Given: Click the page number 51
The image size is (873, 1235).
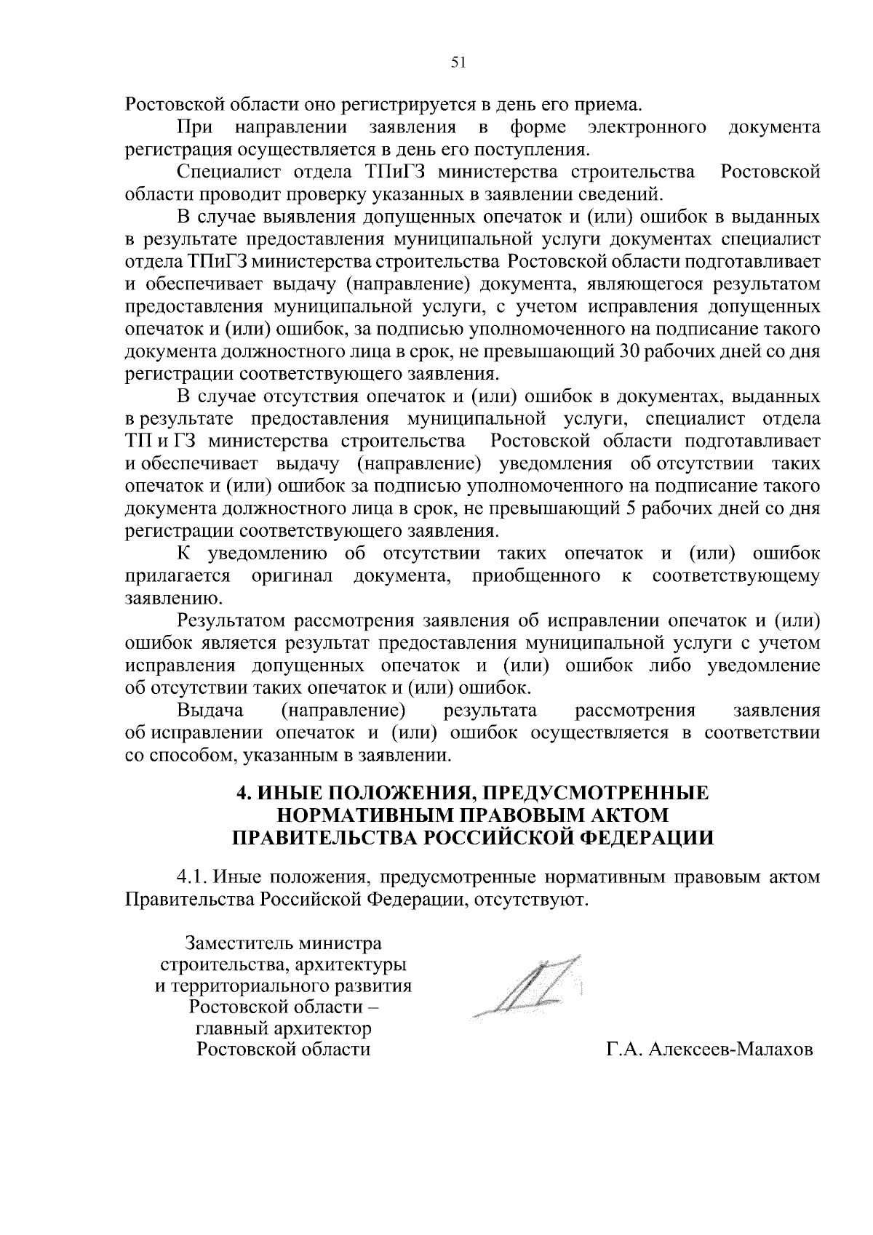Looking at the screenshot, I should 458,63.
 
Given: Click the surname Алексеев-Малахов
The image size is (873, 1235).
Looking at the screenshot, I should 730,1050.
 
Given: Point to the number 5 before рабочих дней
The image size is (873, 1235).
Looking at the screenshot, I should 629,509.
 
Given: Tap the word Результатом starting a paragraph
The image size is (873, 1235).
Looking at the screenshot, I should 232,621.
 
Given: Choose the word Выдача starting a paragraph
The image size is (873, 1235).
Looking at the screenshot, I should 210,711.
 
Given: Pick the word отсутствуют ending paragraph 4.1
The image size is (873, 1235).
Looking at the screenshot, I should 530,900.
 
